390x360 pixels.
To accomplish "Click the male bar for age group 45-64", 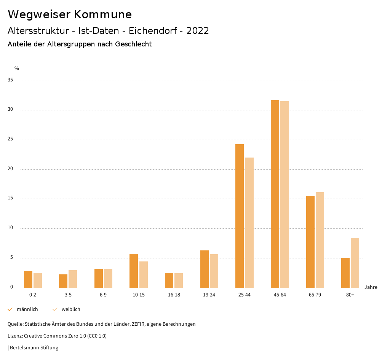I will pos(275,194).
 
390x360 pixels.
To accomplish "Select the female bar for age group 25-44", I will pos(249,223).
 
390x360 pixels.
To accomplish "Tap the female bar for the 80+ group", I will pos(355,263).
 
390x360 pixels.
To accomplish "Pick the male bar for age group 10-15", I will pos(134,271).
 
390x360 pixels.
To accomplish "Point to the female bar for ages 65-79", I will pos(320,240).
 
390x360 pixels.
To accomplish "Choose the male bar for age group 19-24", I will pos(205,269).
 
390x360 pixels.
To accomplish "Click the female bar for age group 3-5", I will pos(73,279).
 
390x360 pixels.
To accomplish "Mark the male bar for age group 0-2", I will pos(28,279).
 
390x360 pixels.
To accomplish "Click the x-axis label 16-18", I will pos(174,295).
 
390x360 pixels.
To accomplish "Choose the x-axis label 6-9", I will pos(103,295).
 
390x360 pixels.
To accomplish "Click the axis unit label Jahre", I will pos(371,287).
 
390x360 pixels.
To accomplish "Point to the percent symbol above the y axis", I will pos(17,68).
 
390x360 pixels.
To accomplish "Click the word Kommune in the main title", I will pos(103,14).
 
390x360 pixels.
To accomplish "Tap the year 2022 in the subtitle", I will pos(198,31).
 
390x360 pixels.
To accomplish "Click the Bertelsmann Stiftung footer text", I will pos(34,348).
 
